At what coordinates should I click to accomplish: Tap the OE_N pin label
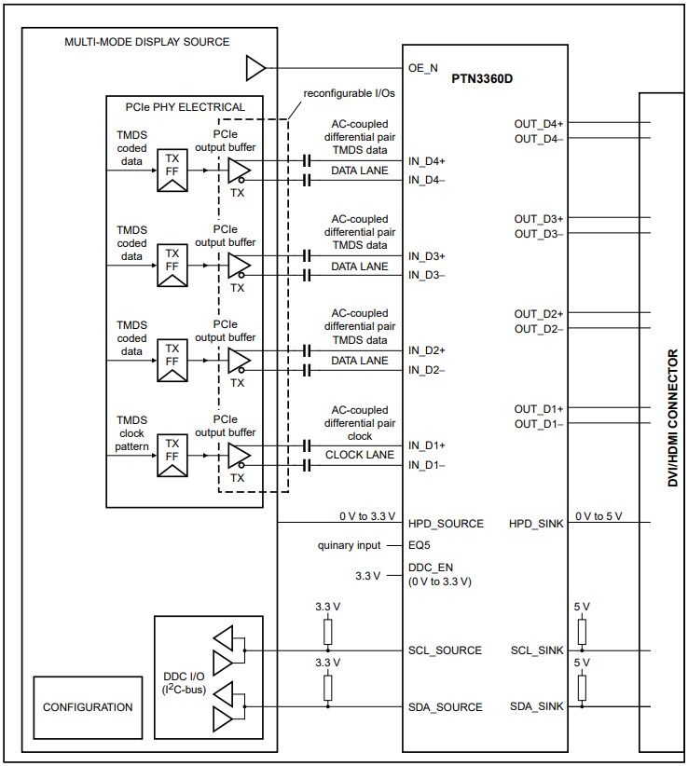[x=423, y=67]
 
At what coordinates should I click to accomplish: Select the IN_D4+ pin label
[x=427, y=161]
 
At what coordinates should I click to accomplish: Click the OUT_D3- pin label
[x=539, y=234]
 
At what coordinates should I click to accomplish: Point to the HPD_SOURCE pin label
[x=446, y=524]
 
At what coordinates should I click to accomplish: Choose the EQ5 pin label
[x=420, y=545]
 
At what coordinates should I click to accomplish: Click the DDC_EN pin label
[x=431, y=568]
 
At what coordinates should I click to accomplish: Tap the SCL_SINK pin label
[x=537, y=650]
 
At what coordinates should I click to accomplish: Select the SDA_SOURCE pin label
[x=446, y=707]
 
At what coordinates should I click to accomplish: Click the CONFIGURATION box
[x=88, y=707]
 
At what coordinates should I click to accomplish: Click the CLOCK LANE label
[x=359, y=455]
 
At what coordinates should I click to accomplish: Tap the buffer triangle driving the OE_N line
[x=255, y=67]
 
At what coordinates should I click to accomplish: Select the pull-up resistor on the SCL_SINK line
[x=583, y=632]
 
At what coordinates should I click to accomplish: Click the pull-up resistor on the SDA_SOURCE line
[x=328, y=689]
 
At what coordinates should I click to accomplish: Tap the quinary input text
[x=350, y=545]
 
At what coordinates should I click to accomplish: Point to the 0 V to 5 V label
[x=599, y=516]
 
